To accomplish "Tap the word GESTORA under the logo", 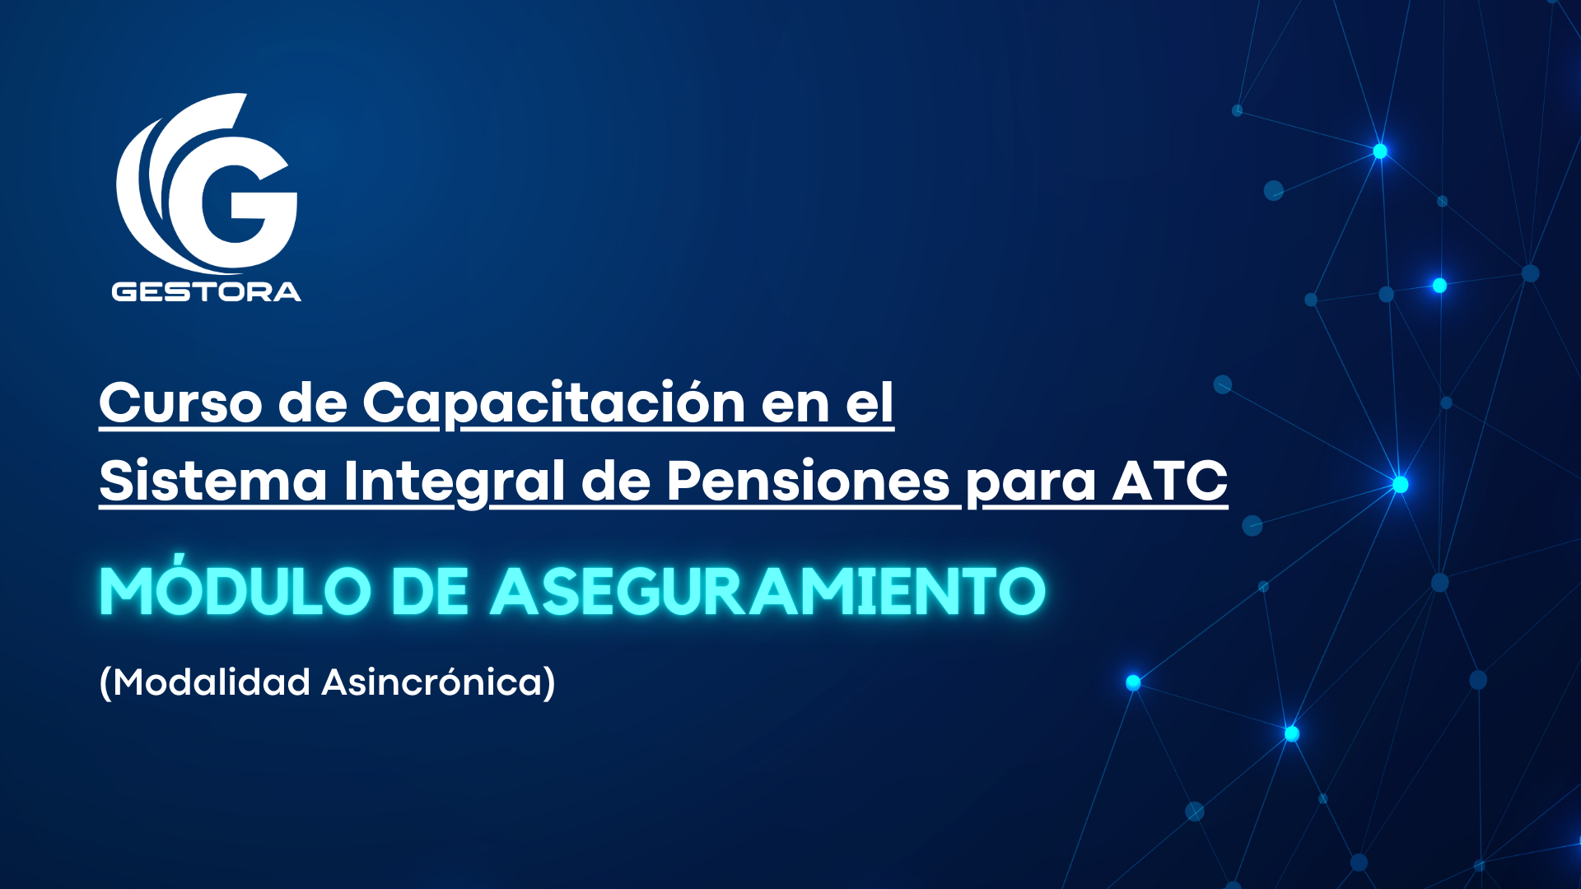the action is coord(207,291).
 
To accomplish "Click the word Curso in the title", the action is coord(180,403).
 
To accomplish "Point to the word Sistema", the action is coord(213,481).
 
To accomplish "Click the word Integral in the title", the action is coord(455,482).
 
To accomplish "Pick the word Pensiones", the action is coord(809,481).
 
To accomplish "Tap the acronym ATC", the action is coord(1170,481).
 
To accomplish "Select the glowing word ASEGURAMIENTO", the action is coord(768,591).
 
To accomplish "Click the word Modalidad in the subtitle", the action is coord(212,682).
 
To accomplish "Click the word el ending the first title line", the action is coord(870,403).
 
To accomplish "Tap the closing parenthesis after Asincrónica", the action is coord(550,683).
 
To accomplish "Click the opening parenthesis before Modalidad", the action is coord(105,683).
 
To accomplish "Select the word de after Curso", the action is coord(313,403).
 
